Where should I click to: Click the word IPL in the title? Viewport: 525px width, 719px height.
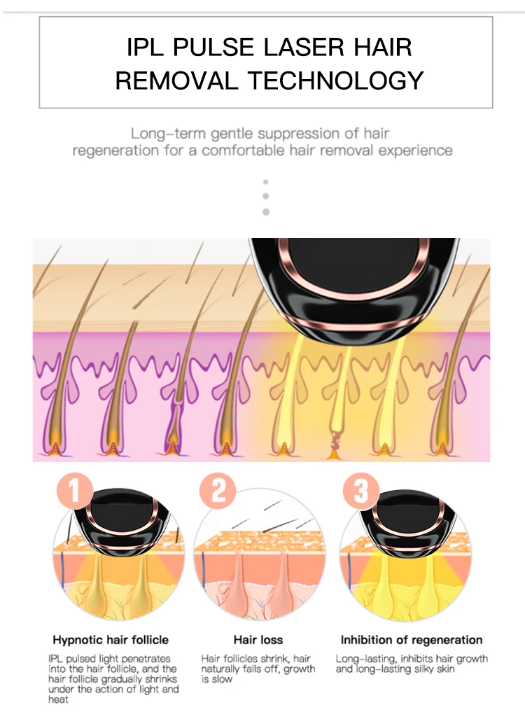[x=145, y=47]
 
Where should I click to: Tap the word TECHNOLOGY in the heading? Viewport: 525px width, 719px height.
[x=335, y=81]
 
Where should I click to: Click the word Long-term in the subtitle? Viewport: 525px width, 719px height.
[x=168, y=134]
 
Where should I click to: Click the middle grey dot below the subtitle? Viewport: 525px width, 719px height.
[x=265, y=196]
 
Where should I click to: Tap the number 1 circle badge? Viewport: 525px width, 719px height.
[x=75, y=490]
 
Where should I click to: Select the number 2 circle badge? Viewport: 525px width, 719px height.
[x=218, y=490]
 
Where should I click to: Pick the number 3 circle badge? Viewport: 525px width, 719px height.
[x=361, y=490]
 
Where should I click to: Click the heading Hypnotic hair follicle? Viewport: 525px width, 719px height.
[x=111, y=640]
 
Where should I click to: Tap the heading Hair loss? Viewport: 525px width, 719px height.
[x=258, y=640]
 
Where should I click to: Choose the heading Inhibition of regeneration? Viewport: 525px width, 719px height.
[x=412, y=640]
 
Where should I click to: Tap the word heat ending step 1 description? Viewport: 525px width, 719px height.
[x=58, y=699]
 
